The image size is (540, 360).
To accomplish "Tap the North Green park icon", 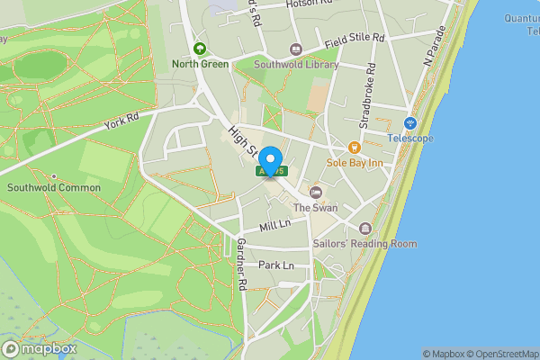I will tap(199, 48).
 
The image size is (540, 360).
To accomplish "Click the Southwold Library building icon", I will tap(295, 49).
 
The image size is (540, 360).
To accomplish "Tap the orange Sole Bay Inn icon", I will tap(354, 148).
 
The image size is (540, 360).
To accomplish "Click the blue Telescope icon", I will tap(410, 122).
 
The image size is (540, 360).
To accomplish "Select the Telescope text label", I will tap(410, 138).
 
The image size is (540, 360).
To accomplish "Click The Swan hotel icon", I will tap(316, 192).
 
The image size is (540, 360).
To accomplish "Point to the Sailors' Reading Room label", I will tap(364, 244).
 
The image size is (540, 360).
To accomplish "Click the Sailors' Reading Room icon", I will tap(364, 229).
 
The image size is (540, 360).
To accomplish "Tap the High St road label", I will tap(240, 140).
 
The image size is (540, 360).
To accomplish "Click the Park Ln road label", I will tap(276, 266).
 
